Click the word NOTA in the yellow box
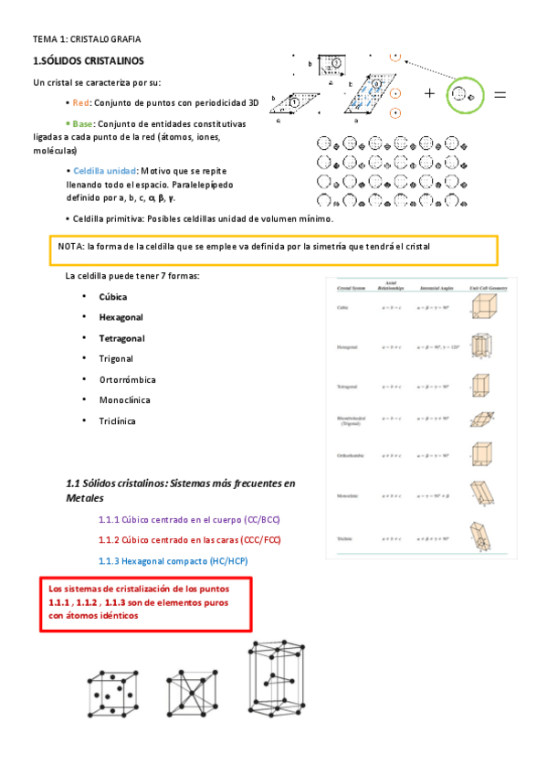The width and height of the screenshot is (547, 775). (70, 247)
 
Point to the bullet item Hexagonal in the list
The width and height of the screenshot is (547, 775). (121, 317)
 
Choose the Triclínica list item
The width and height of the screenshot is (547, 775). (118, 420)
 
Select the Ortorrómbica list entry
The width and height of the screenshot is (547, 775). (128, 379)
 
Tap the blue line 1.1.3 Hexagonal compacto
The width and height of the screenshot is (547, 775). (173, 560)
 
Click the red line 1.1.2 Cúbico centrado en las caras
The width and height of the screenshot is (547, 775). (189, 539)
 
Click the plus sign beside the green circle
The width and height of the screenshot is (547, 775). (429, 93)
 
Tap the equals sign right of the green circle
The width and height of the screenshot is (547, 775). (500, 94)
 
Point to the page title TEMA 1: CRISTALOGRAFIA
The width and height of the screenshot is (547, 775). (87, 39)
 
